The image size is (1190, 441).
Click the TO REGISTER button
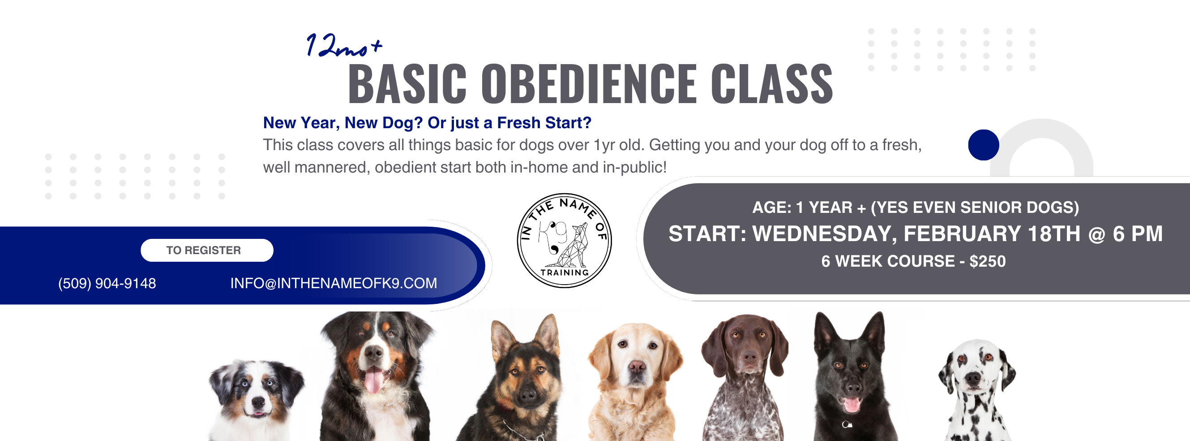(x=207, y=250)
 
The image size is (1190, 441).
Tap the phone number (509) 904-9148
(x=107, y=283)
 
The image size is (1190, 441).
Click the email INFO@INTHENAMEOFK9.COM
(x=334, y=283)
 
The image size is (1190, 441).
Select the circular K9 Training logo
(x=564, y=240)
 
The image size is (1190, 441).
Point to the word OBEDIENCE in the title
(x=589, y=84)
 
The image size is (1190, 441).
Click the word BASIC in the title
(x=407, y=84)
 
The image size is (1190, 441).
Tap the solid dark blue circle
(x=984, y=145)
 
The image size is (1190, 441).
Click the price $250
(x=988, y=262)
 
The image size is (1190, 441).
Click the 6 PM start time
(x=1138, y=234)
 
